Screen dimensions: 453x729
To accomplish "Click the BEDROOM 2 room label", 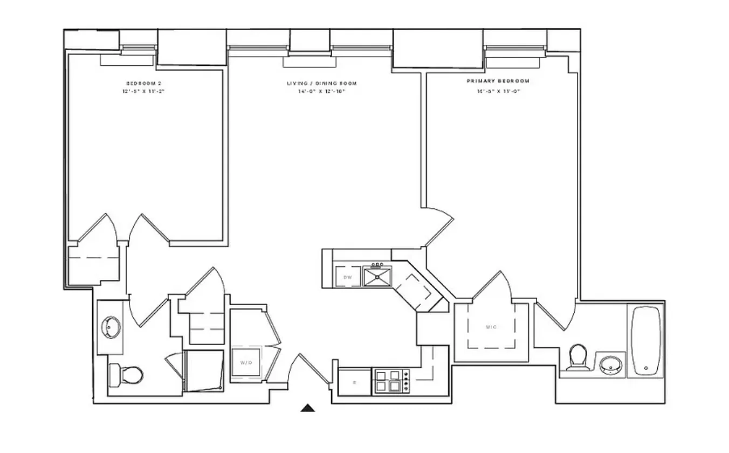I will coord(143,83).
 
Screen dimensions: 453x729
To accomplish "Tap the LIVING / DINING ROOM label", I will coord(321,83).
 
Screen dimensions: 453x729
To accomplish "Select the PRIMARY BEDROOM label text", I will coord(498,81).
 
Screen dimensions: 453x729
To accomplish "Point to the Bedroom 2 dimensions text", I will coord(143,92).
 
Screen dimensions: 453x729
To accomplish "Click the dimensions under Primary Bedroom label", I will coord(498,92).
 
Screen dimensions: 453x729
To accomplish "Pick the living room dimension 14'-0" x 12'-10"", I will coord(321,92).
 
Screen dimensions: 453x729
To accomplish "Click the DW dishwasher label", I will coord(348,277).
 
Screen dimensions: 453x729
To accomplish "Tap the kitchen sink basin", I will coord(377,277).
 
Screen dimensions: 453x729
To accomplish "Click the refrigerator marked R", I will coord(354,382).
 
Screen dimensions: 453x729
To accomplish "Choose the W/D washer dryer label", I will coord(246,363).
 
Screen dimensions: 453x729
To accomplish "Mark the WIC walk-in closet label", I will coord(491,327).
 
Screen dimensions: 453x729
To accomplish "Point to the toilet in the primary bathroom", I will coord(577,357).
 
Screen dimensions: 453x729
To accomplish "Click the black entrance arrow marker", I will coord(307,408).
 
